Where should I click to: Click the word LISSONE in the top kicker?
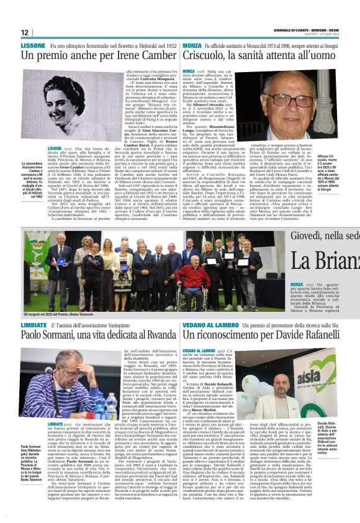tap(33, 46)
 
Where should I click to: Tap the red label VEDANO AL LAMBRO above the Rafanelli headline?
tap(211, 325)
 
